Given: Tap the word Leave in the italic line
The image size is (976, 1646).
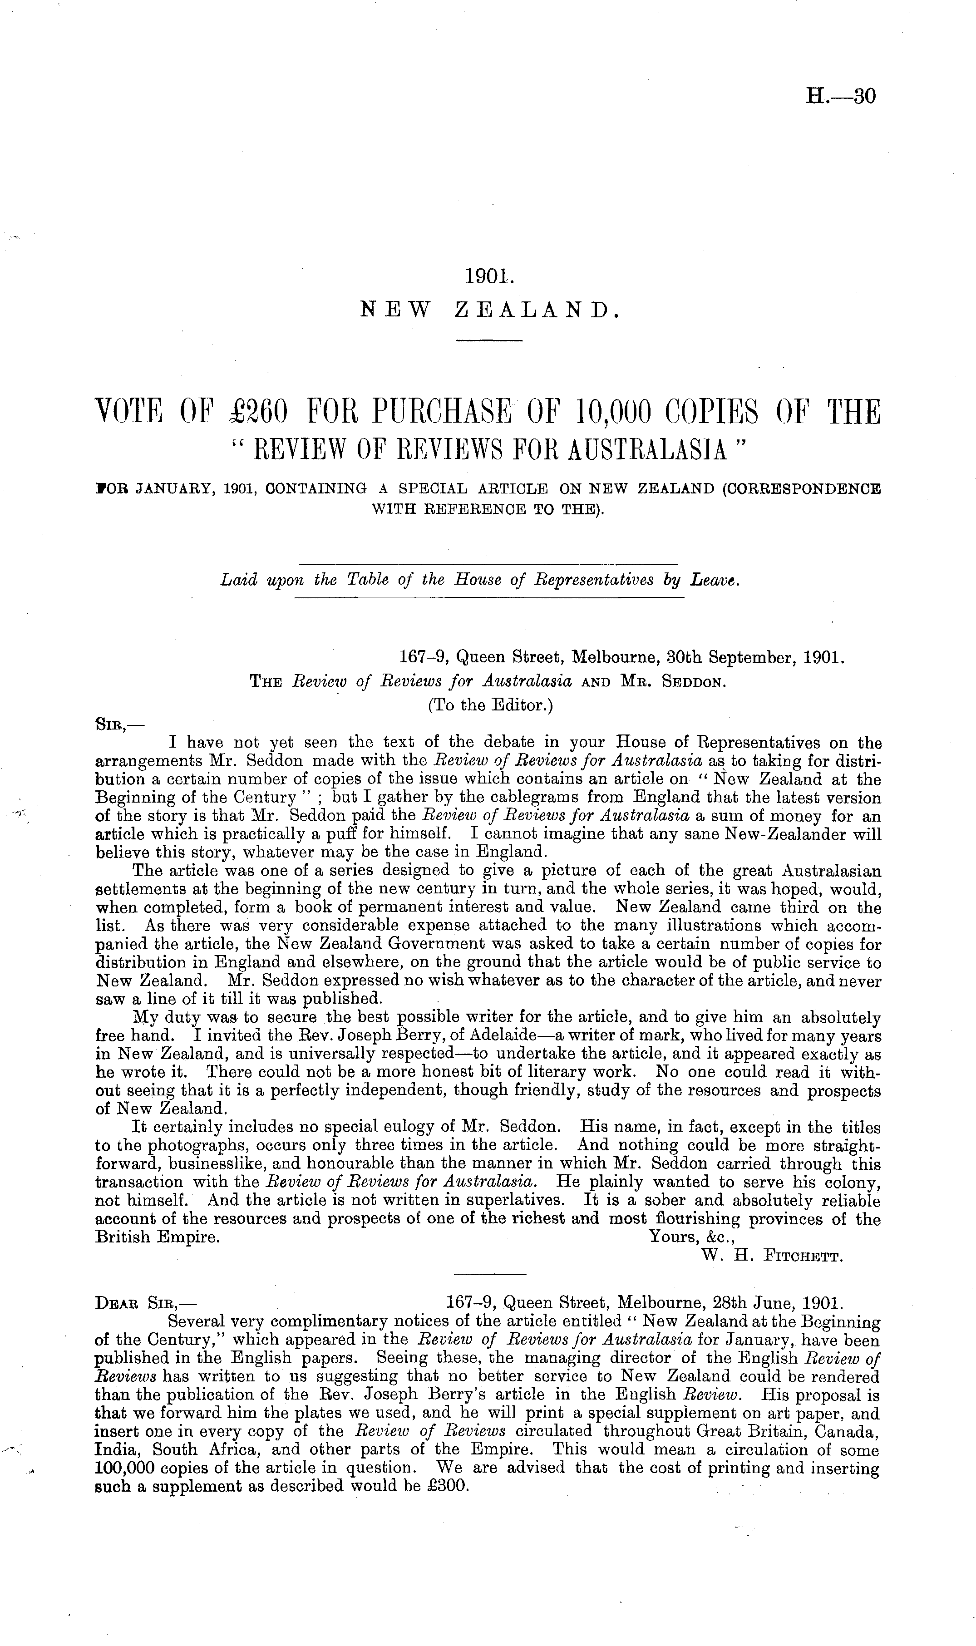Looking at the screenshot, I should point(715,580).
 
